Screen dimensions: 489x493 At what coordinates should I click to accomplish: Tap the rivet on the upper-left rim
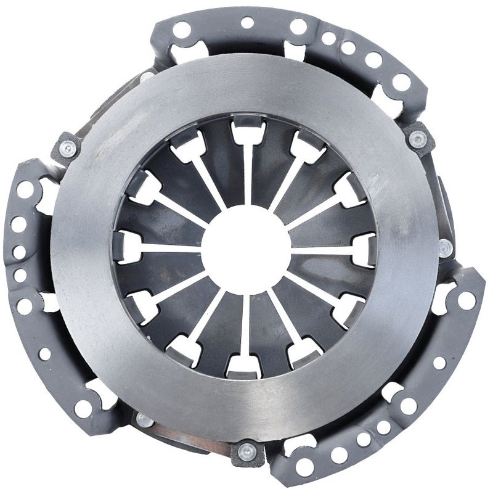pyautogui.click(x=67, y=147)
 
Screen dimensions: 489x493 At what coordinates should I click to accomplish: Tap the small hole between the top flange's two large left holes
pyautogui.click(x=247, y=23)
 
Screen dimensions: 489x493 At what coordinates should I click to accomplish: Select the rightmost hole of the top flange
pyautogui.click(x=401, y=81)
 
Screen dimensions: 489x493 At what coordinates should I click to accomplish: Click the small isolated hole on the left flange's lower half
pyautogui.click(x=45, y=354)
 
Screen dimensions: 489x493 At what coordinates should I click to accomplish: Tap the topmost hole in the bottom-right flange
pyautogui.click(x=467, y=300)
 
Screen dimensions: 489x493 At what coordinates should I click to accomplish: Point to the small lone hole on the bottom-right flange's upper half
pyautogui.click(x=439, y=362)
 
